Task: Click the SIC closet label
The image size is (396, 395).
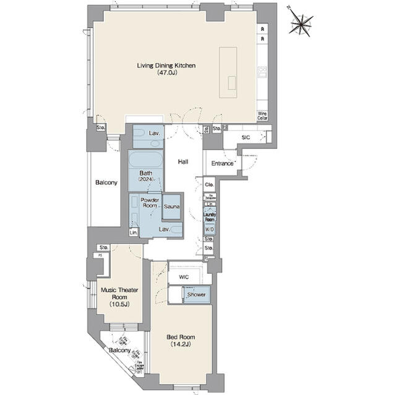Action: click(x=245, y=137)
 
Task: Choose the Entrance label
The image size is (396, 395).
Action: click(x=222, y=163)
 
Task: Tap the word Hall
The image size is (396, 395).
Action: click(x=183, y=162)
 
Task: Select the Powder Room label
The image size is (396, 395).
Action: click(x=150, y=203)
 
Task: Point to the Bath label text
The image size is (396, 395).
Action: click(x=146, y=173)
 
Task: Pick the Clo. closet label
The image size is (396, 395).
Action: click(x=209, y=184)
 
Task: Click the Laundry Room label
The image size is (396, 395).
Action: click(x=210, y=217)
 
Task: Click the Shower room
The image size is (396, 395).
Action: click(x=197, y=295)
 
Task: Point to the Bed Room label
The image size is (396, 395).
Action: click(x=181, y=337)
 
